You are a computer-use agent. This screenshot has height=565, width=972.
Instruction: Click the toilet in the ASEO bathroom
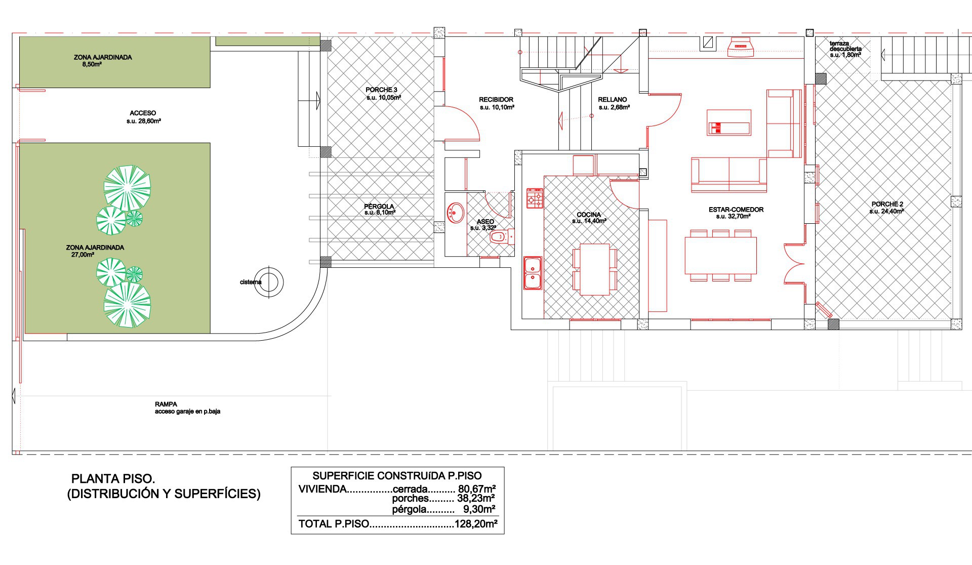coord(502,236)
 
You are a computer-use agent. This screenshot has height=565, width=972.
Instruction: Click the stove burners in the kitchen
coord(535,198)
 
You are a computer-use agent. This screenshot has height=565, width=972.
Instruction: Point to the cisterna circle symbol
coord(268,281)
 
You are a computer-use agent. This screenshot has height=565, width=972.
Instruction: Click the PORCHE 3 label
coord(381,90)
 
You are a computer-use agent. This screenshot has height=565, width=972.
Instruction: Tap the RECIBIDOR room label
coord(496,100)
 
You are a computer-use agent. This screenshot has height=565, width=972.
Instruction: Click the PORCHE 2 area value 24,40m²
coord(887,212)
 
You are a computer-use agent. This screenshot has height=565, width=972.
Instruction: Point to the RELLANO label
coord(612,100)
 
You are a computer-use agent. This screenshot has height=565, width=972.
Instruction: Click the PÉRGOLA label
coord(379,207)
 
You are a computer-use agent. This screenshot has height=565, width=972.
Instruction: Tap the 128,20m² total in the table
coord(476,524)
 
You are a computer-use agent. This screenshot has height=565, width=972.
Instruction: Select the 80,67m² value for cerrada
coord(476,489)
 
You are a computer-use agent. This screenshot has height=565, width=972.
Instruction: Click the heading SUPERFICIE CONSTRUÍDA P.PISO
coord(397,476)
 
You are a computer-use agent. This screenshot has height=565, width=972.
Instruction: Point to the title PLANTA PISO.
coord(113,479)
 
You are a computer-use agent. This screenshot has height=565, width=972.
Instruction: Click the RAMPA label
coord(166,405)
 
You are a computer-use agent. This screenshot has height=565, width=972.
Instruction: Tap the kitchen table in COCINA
coord(595,269)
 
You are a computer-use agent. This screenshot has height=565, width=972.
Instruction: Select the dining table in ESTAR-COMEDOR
coord(721,256)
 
